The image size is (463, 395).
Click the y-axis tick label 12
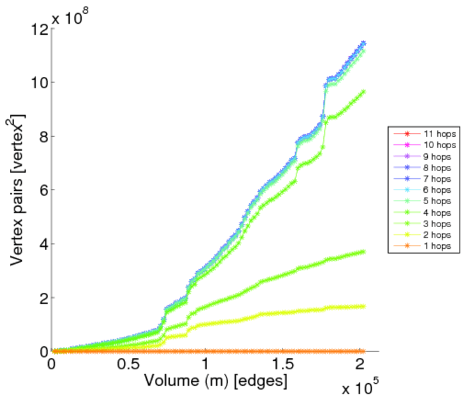pos(39,29)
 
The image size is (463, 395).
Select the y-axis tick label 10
pos(39,83)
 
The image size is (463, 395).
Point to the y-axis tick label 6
pos(42,190)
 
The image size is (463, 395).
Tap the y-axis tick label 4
pos(42,244)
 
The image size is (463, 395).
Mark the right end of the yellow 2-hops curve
pos(363,306)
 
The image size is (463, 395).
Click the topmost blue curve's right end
pos(363,44)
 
